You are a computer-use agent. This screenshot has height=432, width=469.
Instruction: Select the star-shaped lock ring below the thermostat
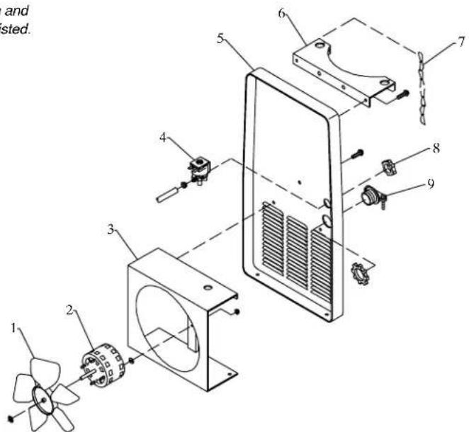(x=362, y=270)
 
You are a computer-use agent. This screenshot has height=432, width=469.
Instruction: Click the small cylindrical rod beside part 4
(x=166, y=193)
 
